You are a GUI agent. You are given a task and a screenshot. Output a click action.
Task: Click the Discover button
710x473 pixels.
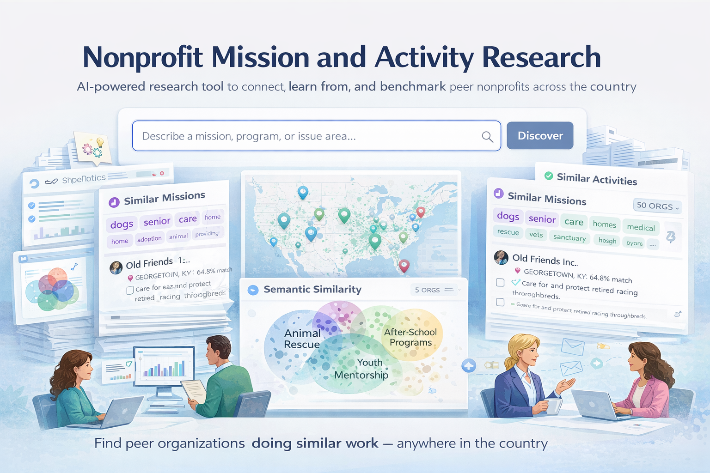(x=540, y=136)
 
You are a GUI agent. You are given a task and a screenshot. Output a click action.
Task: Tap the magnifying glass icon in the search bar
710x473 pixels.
(x=487, y=136)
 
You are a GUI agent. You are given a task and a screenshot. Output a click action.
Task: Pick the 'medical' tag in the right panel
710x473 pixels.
(x=641, y=227)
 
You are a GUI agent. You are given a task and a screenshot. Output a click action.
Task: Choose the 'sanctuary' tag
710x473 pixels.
(x=569, y=237)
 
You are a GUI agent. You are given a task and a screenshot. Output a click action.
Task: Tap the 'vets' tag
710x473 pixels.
(x=536, y=235)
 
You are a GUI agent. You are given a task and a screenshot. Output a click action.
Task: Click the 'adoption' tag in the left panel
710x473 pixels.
(x=149, y=239)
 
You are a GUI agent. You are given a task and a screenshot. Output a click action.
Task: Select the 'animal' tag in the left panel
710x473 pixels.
(x=178, y=236)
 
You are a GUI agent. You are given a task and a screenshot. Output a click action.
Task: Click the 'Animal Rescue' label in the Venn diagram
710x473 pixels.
(x=302, y=339)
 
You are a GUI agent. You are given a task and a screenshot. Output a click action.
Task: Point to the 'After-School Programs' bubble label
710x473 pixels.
(x=410, y=337)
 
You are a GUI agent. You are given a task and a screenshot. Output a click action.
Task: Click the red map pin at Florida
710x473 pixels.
(x=404, y=265)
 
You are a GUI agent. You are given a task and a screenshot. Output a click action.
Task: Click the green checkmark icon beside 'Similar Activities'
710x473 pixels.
(x=549, y=176)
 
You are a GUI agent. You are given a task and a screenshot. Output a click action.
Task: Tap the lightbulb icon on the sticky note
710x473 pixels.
(x=100, y=143)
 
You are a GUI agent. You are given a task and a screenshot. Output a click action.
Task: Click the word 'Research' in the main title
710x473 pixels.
(x=541, y=57)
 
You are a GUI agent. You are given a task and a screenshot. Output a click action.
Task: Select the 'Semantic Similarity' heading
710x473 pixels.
(x=312, y=289)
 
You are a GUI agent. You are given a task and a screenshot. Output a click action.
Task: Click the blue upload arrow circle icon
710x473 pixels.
(x=469, y=366)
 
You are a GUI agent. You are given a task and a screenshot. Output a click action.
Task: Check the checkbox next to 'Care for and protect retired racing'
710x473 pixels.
(x=500, y=282)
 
